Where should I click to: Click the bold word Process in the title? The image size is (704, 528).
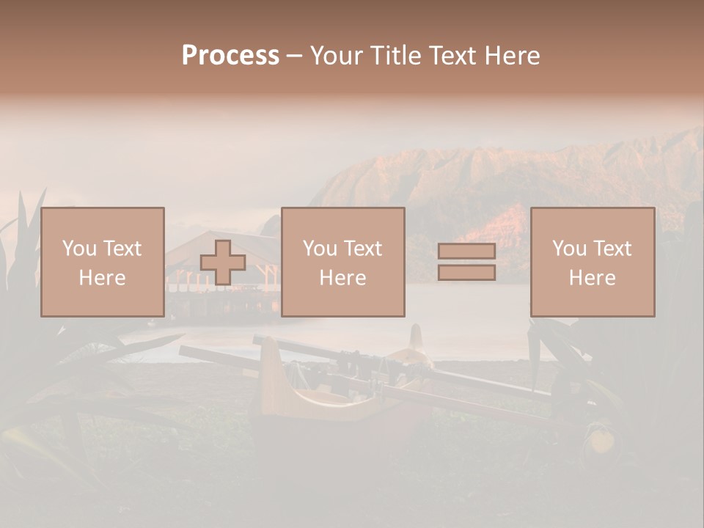230,56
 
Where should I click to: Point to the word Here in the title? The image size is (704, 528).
513,56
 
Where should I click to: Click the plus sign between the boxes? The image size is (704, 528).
223,263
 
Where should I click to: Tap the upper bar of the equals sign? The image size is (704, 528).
466,252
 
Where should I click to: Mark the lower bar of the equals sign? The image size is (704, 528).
466,273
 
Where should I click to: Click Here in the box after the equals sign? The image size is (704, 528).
592,277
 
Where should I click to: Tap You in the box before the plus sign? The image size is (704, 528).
78,249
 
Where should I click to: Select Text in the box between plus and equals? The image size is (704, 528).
364,249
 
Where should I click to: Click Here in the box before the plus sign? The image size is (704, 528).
102,277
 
